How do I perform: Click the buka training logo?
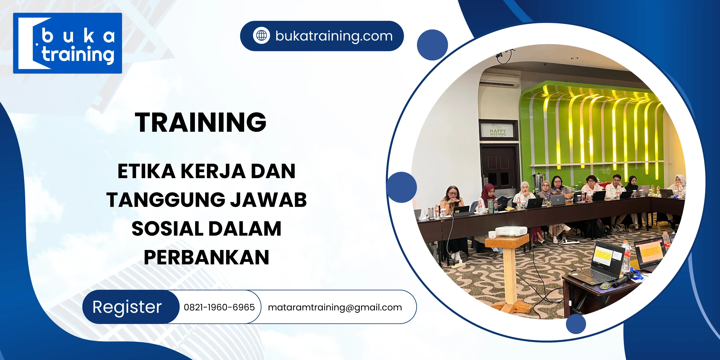click(x=67, y=43)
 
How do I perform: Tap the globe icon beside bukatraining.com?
click(x=261, y=36)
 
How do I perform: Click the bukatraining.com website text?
click(x=334, y=36)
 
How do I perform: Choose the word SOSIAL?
click(x=167, y=228)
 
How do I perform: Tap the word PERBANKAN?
click(x=206, y=257)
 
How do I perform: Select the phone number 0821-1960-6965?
click(x=219, y=307)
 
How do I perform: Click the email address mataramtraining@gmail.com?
click(x=335, y=307)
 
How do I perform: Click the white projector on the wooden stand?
click(x=511, y=231)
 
